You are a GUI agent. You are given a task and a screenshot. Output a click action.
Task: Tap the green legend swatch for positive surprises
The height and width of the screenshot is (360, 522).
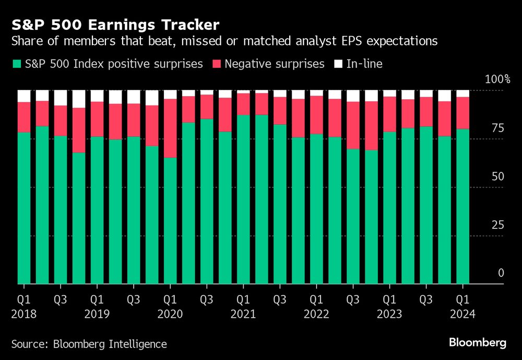(16, 64)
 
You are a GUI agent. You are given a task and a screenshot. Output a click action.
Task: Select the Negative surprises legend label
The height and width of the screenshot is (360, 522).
(275, 64)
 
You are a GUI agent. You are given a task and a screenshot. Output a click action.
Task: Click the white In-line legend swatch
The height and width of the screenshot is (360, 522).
(338, 64)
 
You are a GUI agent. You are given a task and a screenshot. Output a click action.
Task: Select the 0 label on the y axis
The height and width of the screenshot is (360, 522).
(501, 273)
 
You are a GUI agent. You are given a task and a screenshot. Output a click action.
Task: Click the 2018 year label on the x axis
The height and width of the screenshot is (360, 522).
(23, 314)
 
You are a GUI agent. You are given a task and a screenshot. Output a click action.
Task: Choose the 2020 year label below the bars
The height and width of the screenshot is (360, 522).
(170, 314)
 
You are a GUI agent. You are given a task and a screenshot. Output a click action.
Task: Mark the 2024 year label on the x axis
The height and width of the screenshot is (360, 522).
(462, 314)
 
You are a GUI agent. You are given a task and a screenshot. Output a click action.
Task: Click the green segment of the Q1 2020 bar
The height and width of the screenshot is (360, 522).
(170, 219)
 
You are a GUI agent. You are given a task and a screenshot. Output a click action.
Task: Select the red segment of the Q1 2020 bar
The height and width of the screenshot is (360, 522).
(170, 128)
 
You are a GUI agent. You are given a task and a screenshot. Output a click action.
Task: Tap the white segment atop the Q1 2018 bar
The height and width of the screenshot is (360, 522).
(23, 96)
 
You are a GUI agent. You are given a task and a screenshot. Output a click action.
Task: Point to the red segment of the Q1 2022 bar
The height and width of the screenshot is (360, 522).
(316, 115)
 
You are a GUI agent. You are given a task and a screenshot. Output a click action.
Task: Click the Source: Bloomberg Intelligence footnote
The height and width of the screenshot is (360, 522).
(89, 344)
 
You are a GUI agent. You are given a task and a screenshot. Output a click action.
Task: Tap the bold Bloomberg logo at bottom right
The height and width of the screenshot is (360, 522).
(478, 343)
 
